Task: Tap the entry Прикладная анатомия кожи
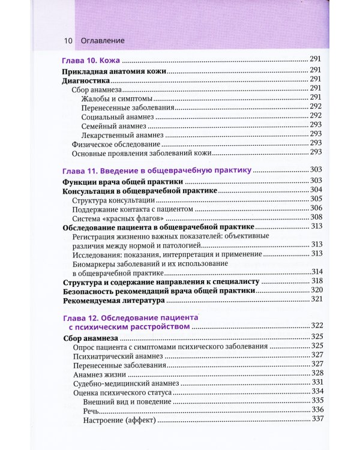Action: tap(115, 70)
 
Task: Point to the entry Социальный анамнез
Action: tap(118, 115)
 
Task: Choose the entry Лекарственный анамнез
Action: tap(122, 134)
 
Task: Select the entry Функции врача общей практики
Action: tap(122, 181)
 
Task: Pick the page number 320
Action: tap(317, 290)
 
